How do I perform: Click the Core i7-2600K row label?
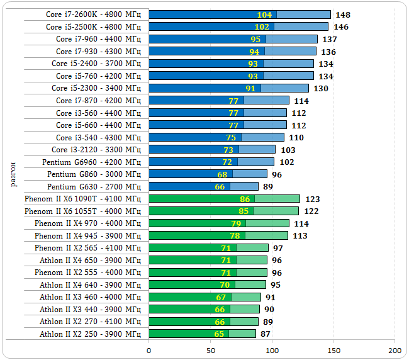(94, 14)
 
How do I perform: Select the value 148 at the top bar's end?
(343, 14)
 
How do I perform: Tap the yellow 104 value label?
(264, 14)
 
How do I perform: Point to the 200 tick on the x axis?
(395, 350)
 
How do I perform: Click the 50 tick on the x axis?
(211, 350)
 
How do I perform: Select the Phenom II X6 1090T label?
(83, 199)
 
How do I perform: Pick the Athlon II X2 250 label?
(90, 334)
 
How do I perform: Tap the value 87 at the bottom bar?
(266, 334)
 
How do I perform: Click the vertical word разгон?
(13, 174)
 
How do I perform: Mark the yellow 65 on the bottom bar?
(220, 334)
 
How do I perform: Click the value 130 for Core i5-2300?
(321, 88)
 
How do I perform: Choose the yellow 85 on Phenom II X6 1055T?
(244, 211)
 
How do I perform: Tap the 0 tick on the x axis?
(149, 350)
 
